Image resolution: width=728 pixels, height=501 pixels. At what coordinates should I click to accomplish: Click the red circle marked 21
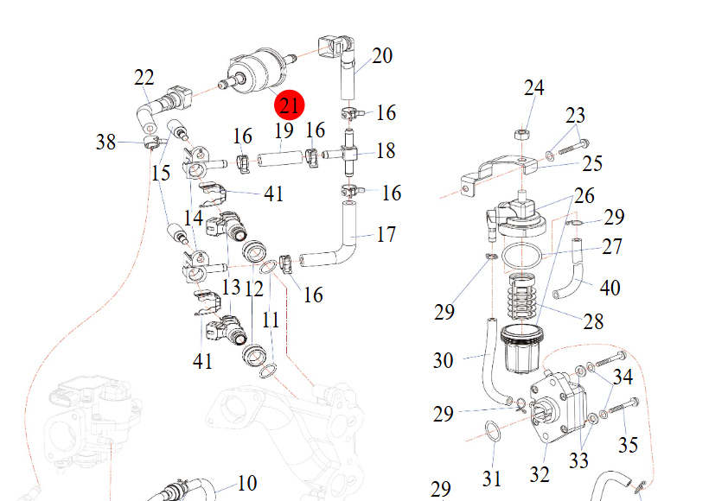(289, 106)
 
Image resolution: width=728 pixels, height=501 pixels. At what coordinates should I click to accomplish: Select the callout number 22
(144, 78)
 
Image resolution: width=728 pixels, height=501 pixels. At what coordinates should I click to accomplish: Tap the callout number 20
(382, 56)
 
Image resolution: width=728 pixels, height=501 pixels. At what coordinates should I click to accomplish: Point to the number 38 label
(105, 142)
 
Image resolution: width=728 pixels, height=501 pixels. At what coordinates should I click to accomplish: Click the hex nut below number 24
(522, 134)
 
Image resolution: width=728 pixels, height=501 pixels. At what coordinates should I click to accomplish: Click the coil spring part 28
(520, 298)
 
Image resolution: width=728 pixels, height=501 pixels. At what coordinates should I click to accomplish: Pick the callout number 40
(610, 288)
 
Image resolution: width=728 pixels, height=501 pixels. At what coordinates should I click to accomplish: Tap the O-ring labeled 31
(491, 431)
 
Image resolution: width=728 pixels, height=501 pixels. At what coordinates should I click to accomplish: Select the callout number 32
(540, 473)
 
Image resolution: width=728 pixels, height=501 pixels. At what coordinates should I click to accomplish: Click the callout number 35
(628, 445)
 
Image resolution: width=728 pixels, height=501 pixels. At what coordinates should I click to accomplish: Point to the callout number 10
(247, 483)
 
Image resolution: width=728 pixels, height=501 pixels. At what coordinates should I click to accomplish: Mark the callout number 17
(386, 234)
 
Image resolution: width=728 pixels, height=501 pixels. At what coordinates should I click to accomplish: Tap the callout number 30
(443, 359)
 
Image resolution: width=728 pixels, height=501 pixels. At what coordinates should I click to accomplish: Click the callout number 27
(612, 247)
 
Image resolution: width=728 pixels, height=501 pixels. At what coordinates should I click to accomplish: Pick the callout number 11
(271, 320)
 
